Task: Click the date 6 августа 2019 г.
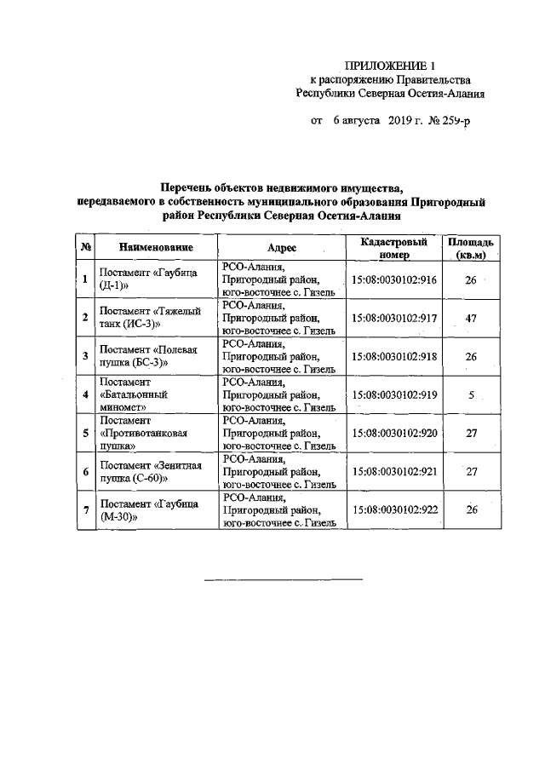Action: point(370,122)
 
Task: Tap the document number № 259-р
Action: point(448,122)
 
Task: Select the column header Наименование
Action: point(156,247)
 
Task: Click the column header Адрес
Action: point(281,247)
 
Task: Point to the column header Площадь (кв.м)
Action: point(471,248)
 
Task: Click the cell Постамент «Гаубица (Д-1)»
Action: point(148,279)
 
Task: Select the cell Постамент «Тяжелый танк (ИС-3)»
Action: point(148,318)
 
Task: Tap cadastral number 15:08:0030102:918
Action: point(395,356)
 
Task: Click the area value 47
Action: point(471,318)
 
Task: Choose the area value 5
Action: point(471,394)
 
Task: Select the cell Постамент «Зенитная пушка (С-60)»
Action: point(148,471)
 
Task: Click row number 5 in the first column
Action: point(85,433)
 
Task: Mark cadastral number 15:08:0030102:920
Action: point(395,433)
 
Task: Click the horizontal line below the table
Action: point(283,580)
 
